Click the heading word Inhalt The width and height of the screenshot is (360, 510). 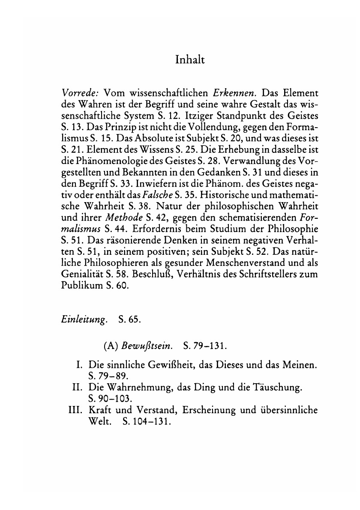pyautogui.click(x=190, y=60)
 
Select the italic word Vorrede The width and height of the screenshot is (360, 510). pyautogui.click(x=78, y=93)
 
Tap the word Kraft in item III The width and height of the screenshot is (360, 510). pyautogui.click(x=100, y=411)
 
